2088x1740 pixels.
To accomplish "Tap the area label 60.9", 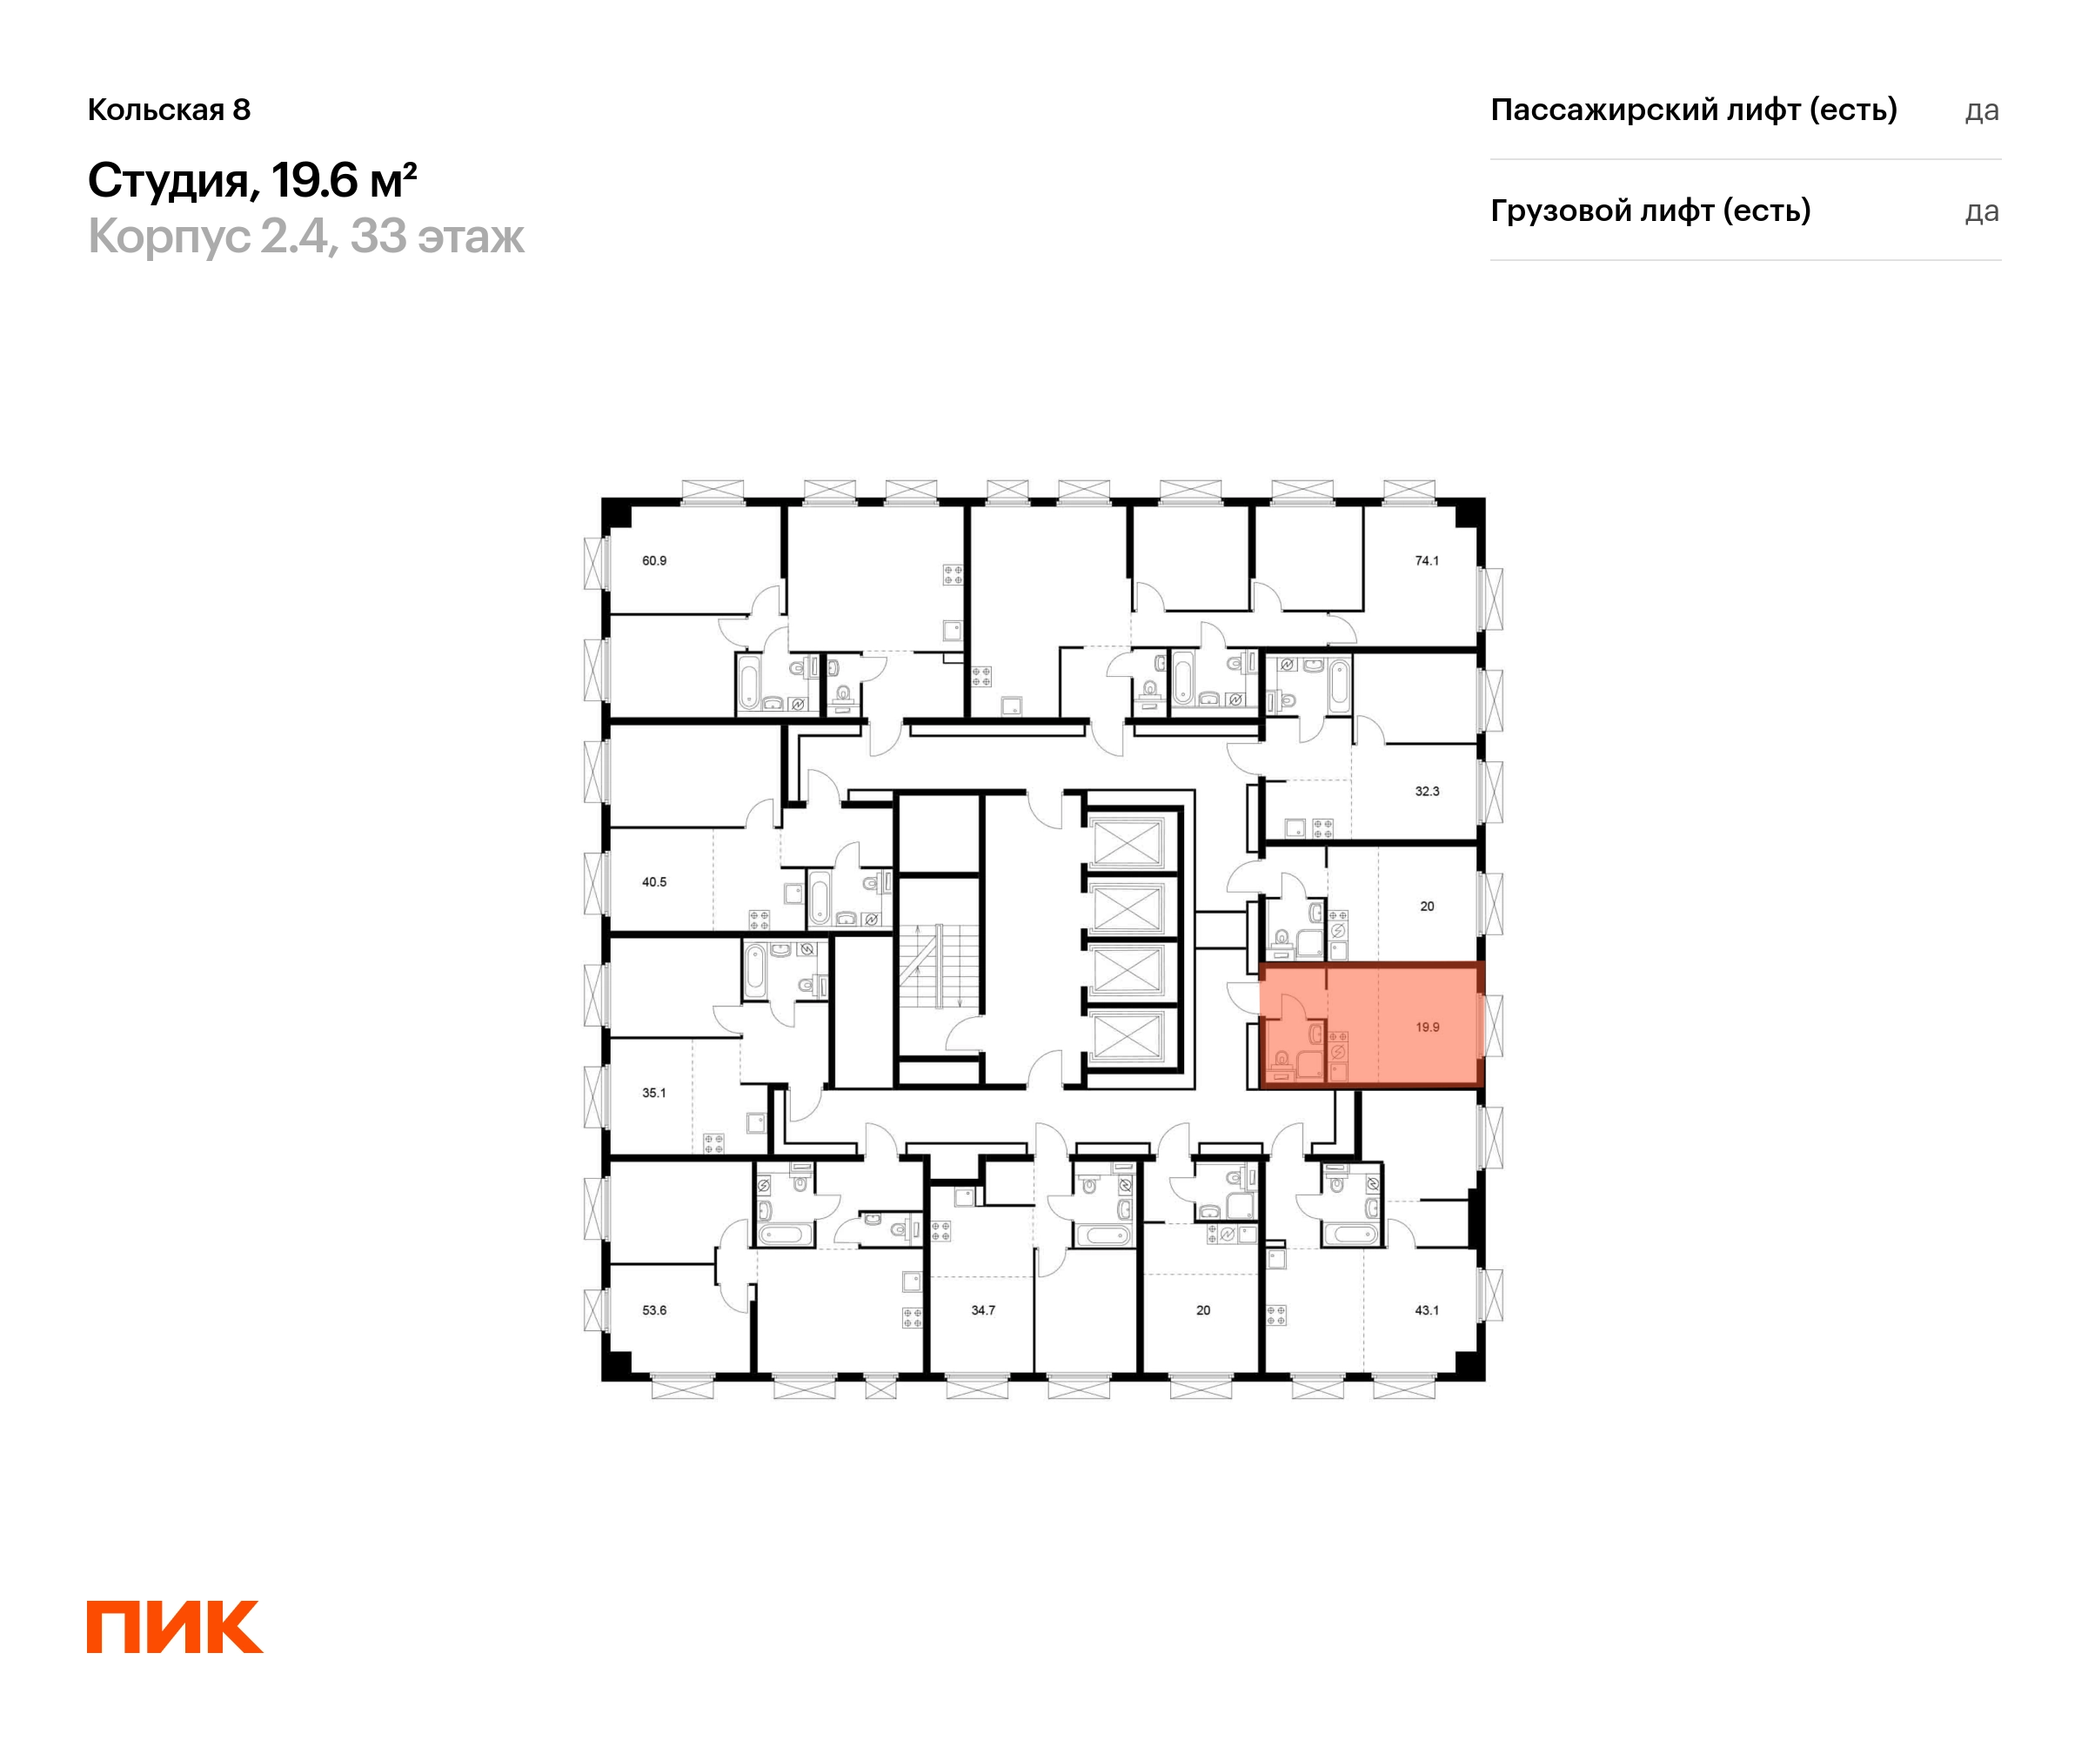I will point(654,561).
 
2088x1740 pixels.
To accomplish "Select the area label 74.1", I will point(1427,561).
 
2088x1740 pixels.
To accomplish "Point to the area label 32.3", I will point(1427,792).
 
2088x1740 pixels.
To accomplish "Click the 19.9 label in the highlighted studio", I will point(1427,1027).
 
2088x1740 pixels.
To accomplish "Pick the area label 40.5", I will point(654,882).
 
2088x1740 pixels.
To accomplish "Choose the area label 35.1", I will point(654,1093).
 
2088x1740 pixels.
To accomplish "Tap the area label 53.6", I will point(654,1310).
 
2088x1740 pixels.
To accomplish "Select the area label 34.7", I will point(983,1310).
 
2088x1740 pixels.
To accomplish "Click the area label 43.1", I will point(1427,1310).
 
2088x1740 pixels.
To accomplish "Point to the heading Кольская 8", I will point(169,110).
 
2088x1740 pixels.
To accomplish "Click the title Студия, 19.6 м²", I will point(252,181).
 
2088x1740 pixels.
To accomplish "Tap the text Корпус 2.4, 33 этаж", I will point(305,237).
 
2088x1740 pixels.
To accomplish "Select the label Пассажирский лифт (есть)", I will point(1693,110).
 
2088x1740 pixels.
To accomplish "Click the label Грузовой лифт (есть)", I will point(1650,211).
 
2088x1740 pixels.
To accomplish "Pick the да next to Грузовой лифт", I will point(1982,211).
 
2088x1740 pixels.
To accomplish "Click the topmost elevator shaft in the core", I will point(1128,842).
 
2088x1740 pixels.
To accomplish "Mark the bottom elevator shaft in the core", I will point(1128,1038).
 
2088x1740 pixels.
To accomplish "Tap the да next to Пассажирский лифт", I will point(1982,110).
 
